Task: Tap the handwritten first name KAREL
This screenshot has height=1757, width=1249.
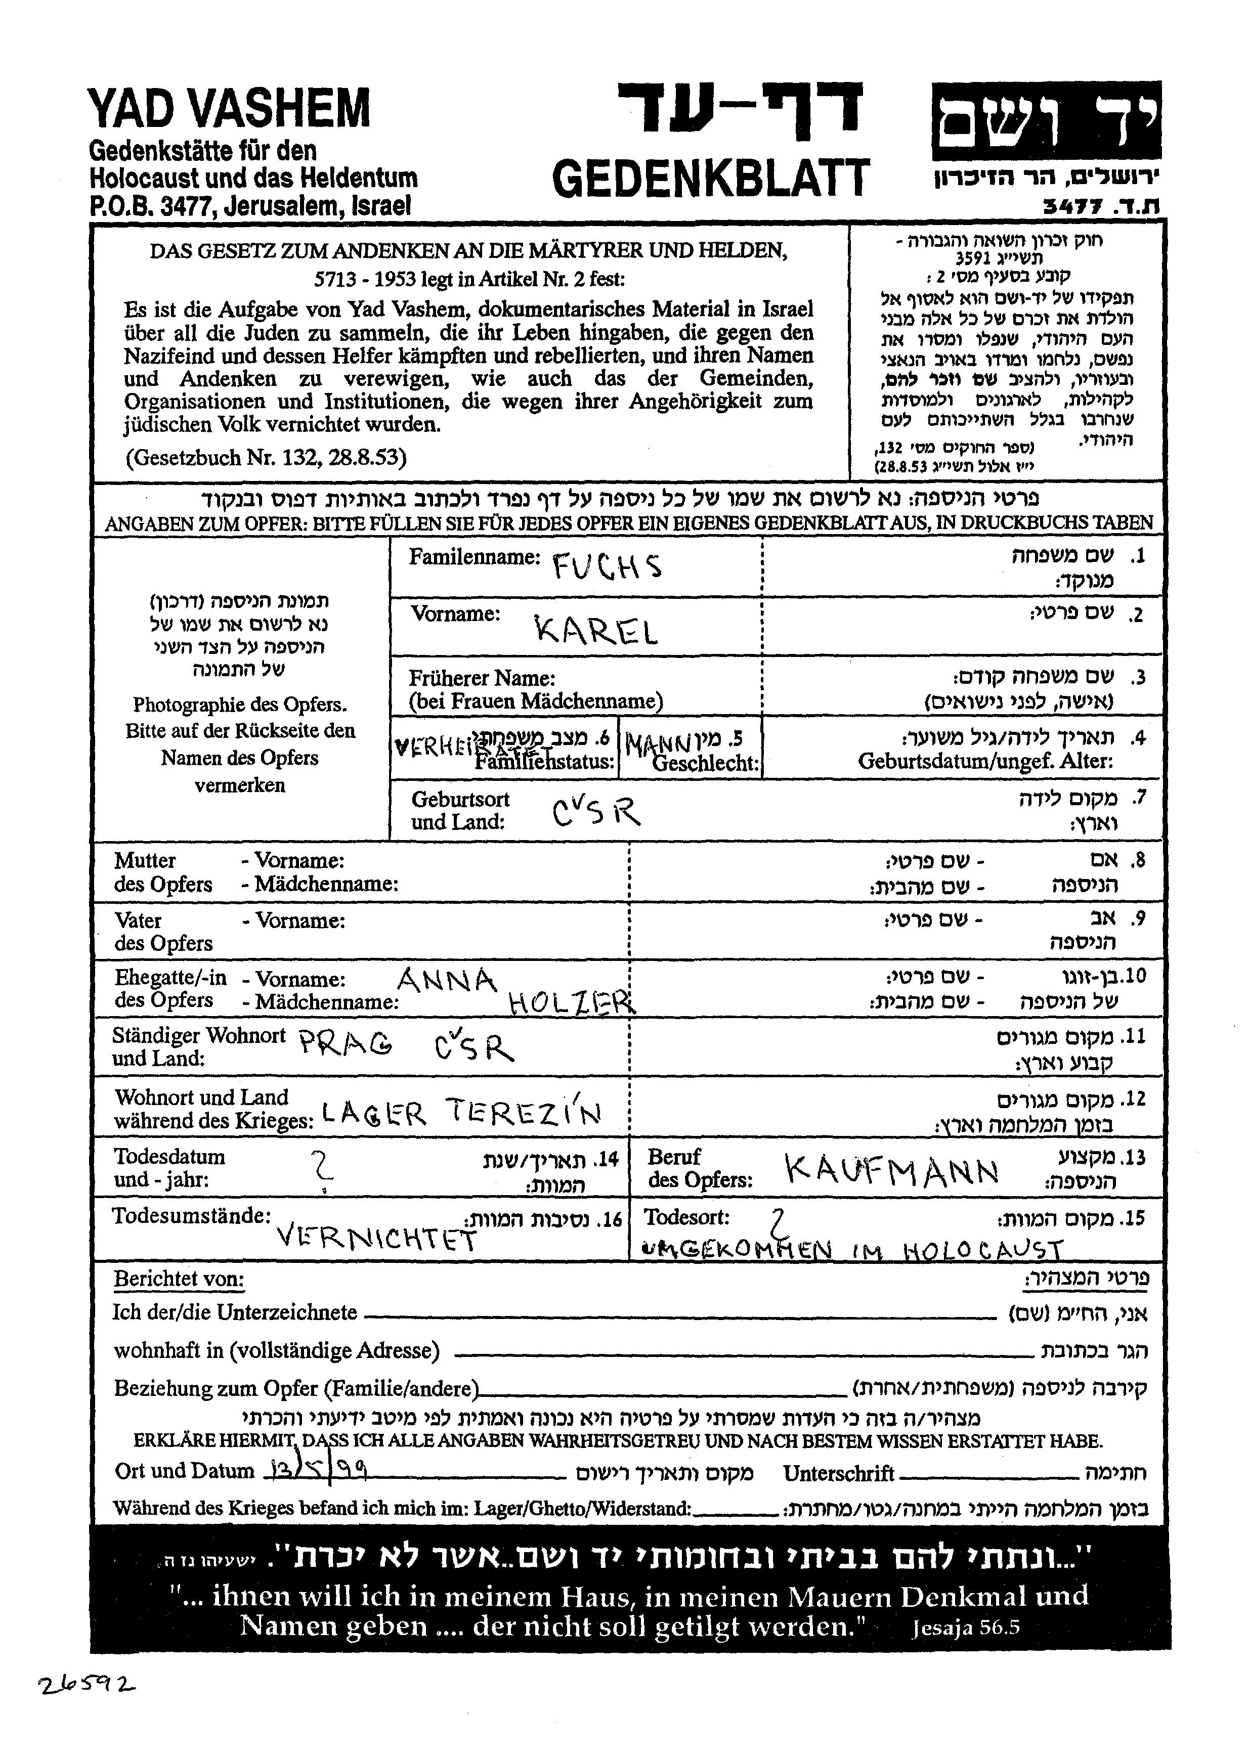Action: click(x=596, y=631)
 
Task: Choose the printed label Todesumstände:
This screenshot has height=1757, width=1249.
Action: click(x=192, y=1216)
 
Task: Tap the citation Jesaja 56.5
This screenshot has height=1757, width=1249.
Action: click(x=965, y=1627)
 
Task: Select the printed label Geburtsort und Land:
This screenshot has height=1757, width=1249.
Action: click(x=460, y=810)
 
